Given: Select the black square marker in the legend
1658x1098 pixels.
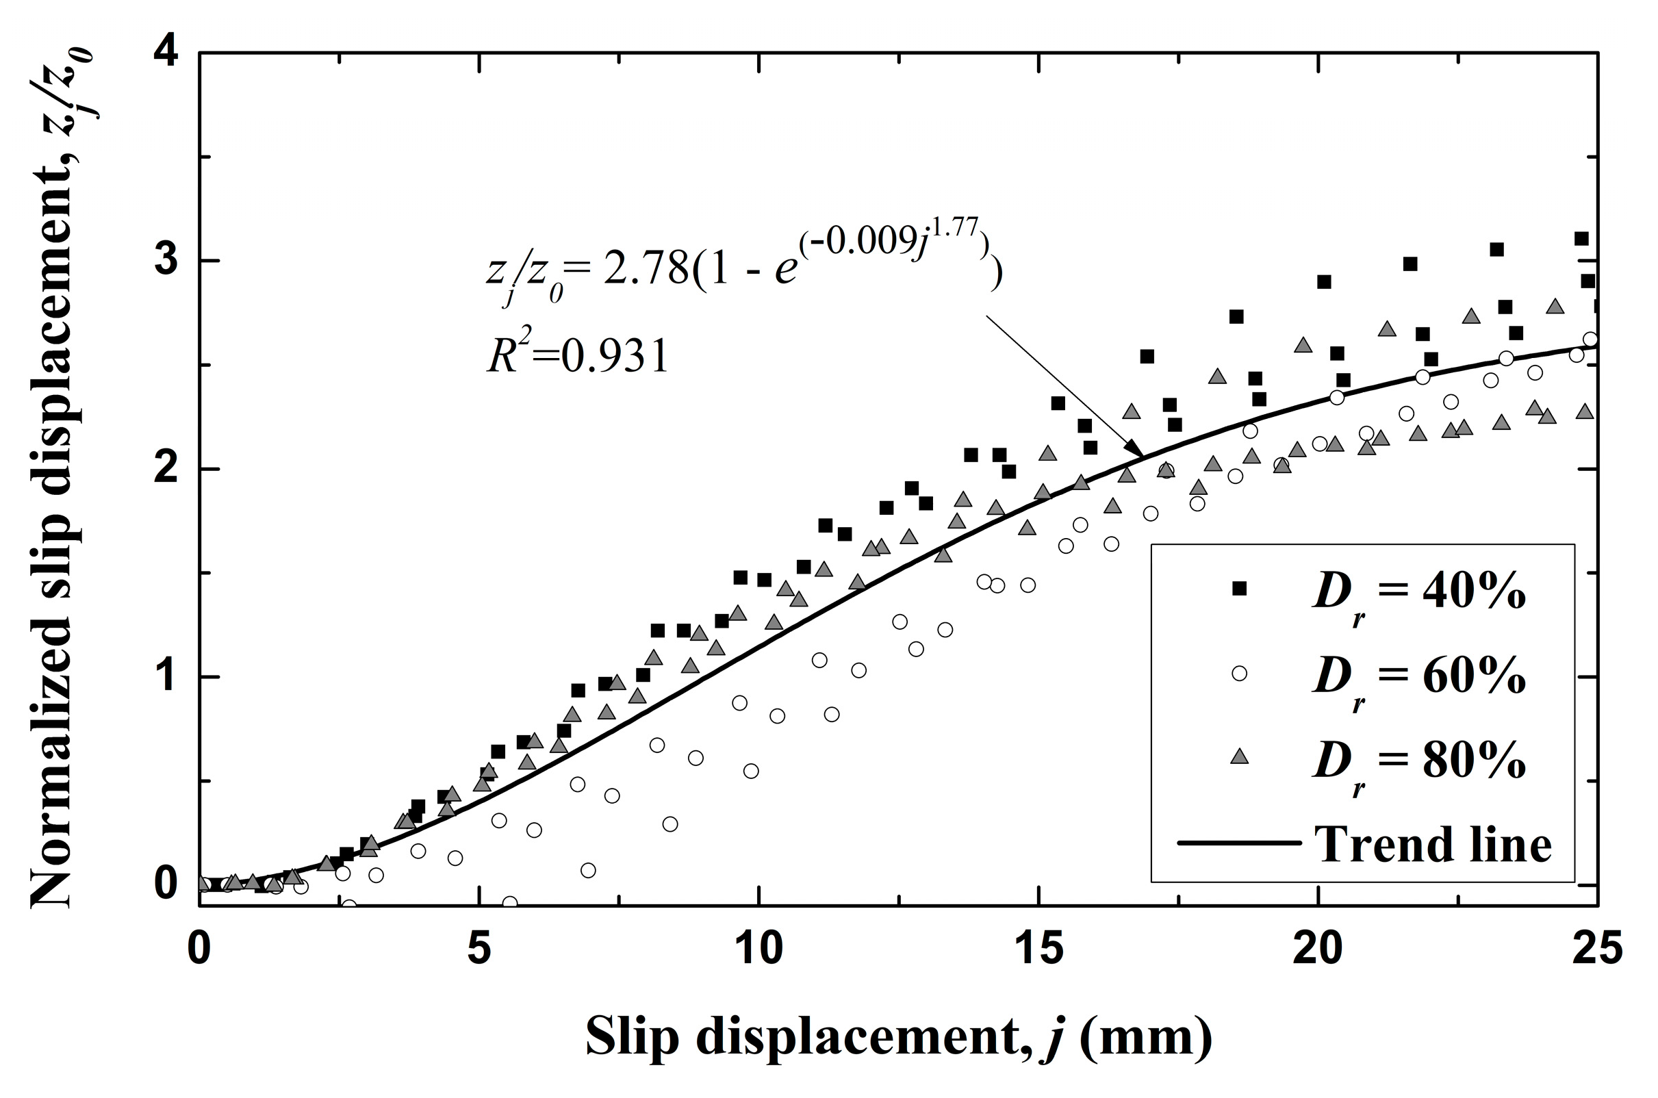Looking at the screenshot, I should [1239, 588].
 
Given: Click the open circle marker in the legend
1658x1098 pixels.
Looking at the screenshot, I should [1239, 673].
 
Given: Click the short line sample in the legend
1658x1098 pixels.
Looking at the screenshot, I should [1239, 843].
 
